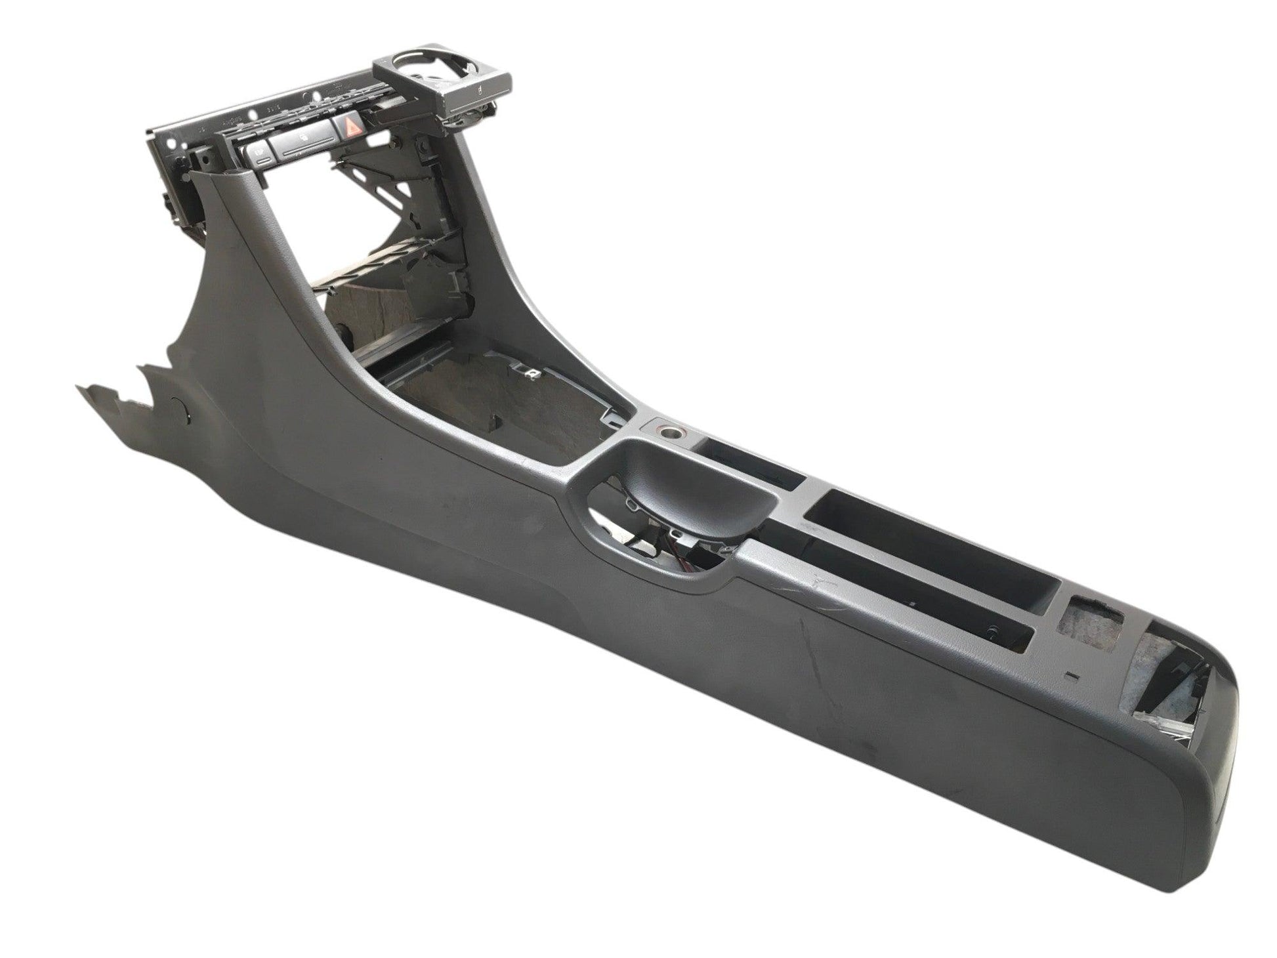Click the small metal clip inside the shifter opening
tap(535, 374)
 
